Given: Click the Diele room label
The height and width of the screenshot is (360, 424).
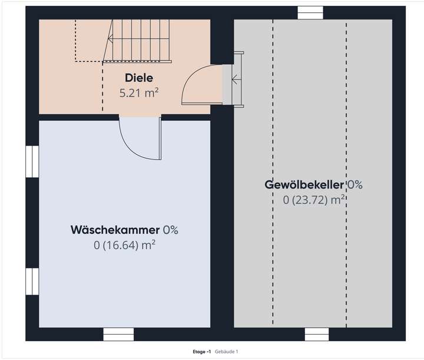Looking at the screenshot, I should click(139, 78).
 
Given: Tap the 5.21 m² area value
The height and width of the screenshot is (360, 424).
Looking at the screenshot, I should click(139, 93).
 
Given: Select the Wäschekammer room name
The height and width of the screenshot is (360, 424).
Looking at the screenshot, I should click(115, 230).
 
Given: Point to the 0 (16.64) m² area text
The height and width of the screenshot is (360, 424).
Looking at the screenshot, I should click(124, 245).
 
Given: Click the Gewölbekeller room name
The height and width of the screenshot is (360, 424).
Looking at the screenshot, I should click(304, 185).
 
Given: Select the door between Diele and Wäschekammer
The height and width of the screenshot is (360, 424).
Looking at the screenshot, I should click(141, 139).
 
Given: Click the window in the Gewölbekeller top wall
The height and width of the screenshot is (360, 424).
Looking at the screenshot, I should click(310, 12).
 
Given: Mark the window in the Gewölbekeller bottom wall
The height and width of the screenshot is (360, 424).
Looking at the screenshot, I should click(316, 334).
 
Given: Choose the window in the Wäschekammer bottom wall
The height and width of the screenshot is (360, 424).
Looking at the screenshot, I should click(115, 334).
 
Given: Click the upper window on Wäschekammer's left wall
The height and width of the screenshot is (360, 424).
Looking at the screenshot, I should click(32, 161).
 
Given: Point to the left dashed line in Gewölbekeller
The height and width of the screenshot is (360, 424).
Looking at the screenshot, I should click(273, 171).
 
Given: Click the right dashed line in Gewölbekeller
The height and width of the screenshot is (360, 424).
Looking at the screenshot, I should click(346, 171).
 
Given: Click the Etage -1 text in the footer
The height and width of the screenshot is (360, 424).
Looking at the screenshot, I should click(202, 352).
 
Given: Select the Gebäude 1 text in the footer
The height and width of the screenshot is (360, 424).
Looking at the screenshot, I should click(227, 352).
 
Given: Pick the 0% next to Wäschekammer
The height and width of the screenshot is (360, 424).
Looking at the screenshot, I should click(171, 230).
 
